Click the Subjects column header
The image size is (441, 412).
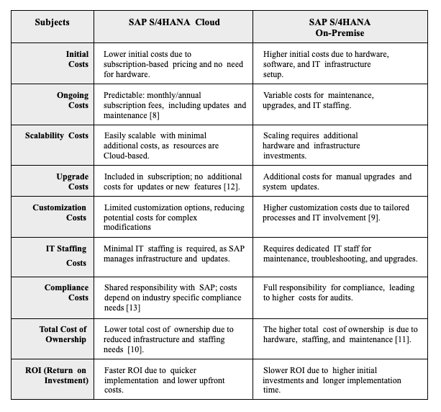[52, 22]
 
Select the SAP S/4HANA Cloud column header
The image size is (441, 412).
[174, 22]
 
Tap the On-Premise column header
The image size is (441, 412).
[340, 27]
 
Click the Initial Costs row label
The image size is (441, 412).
[78, 59]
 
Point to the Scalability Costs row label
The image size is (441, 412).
[57, 135]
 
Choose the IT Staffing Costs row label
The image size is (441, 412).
[66, 256]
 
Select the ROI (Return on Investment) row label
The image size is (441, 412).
[57, 375]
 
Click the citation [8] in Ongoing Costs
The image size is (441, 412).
[155, 115]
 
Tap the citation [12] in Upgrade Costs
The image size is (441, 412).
[231, 187]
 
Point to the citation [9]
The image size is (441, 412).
[373, 218]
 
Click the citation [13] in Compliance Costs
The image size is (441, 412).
[133, 308]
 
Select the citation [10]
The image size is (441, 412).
[135, 349]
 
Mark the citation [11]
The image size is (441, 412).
[402, 339]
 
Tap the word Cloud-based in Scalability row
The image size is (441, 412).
[125, 156]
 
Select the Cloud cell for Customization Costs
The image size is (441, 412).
[173, 217]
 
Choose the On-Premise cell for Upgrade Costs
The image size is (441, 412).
[340, 181]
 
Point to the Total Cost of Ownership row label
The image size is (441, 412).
[63, 334]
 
